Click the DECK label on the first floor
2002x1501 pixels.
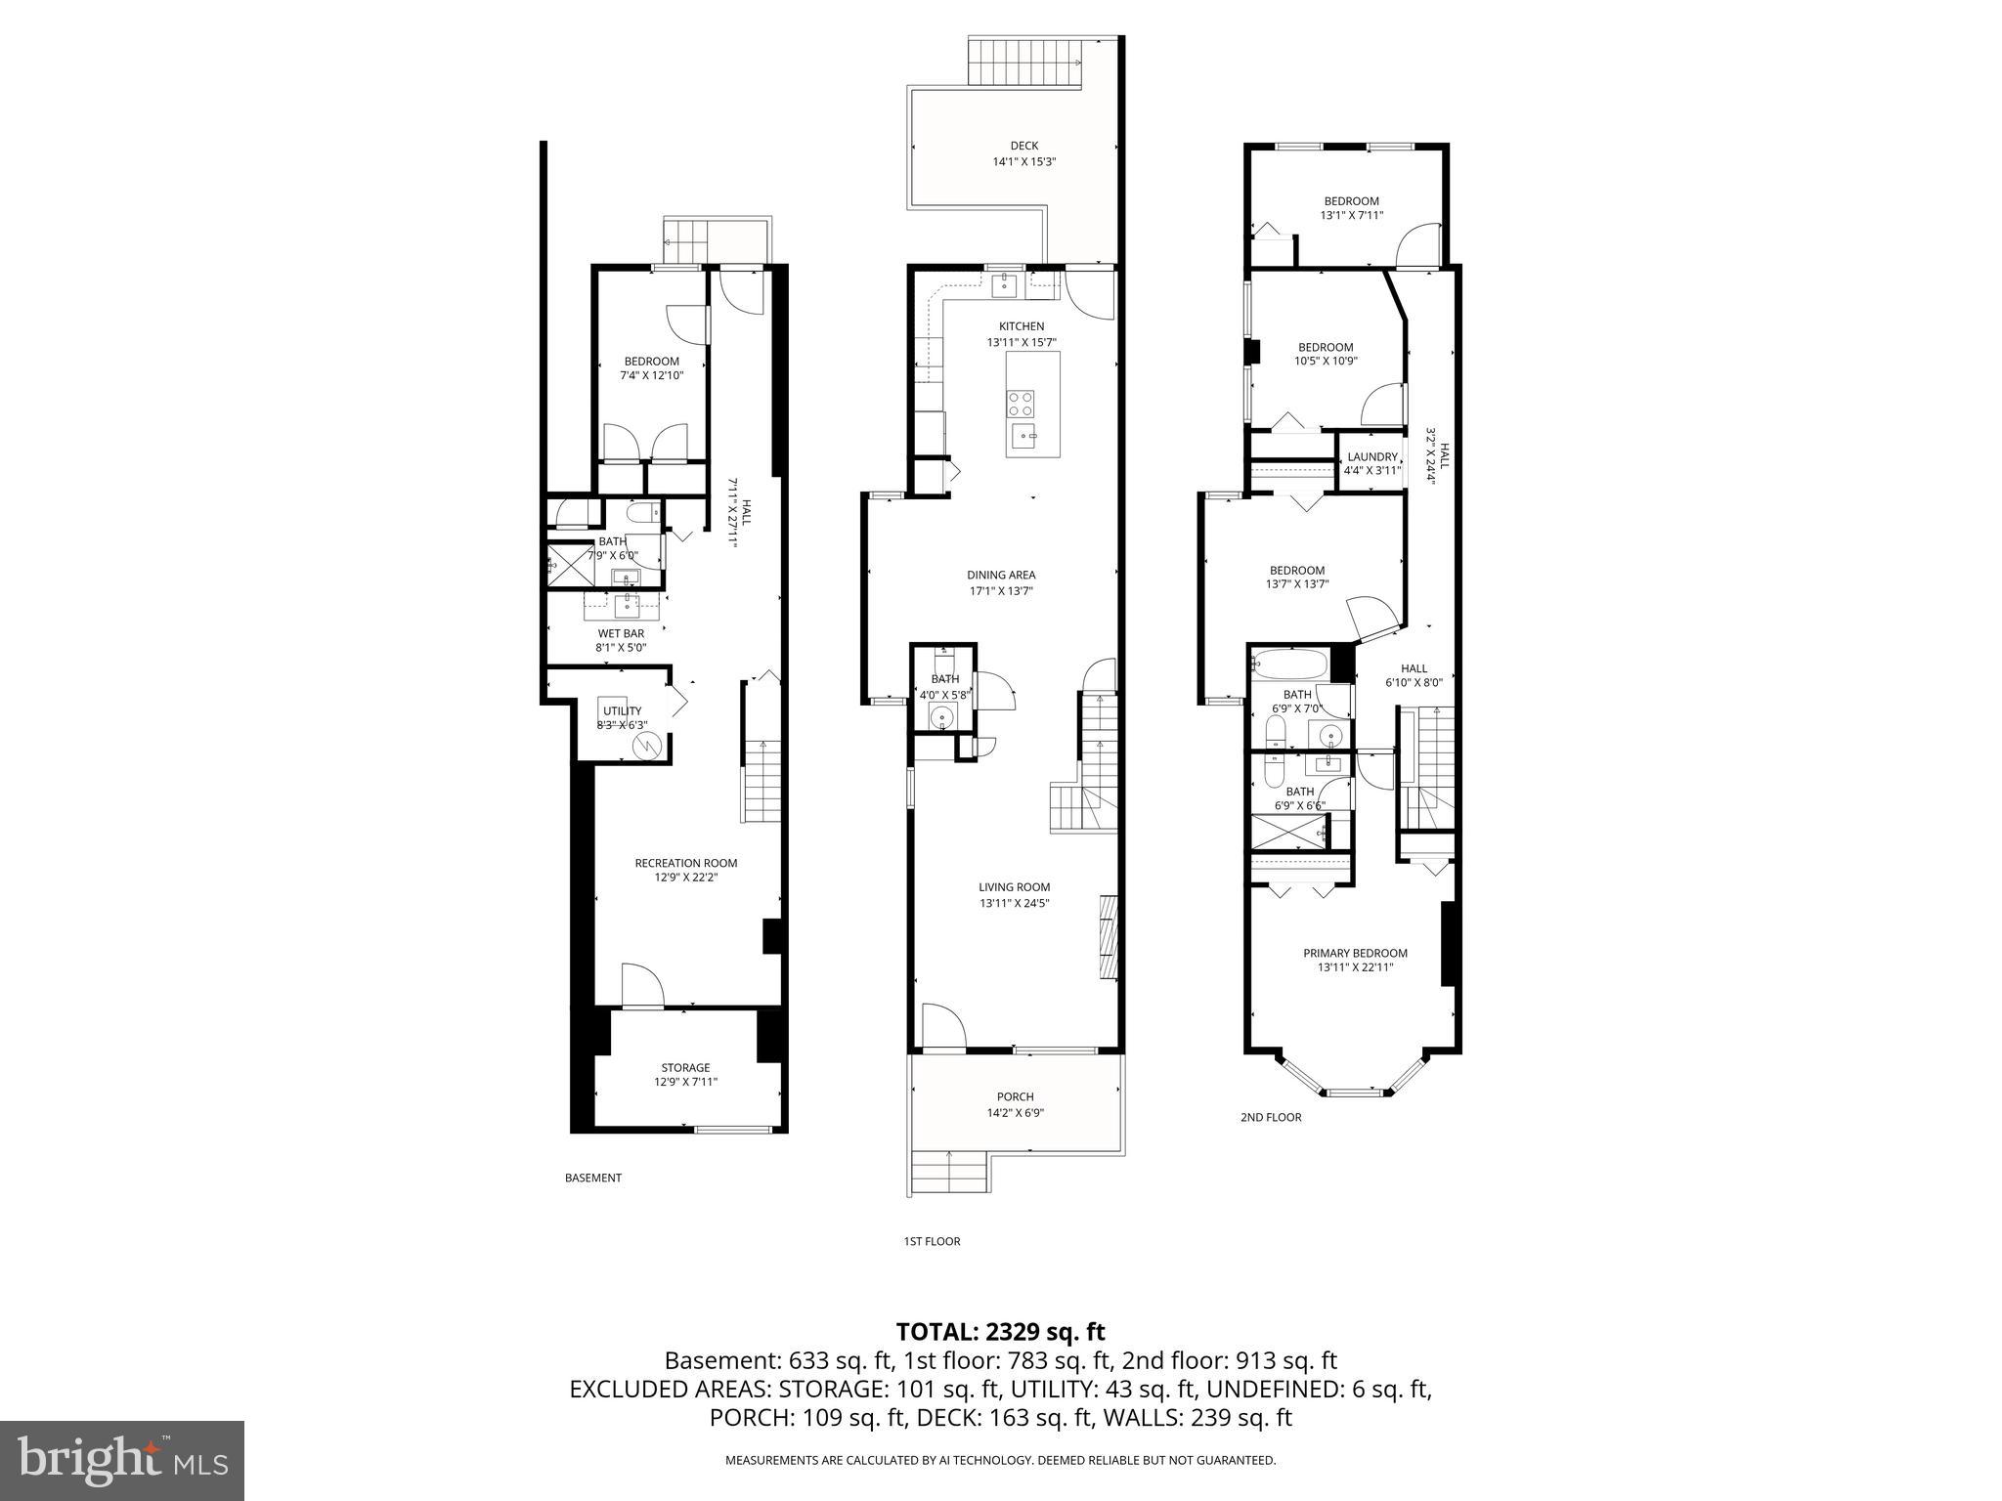(1024, 146)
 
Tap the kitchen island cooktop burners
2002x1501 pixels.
(1022, 403)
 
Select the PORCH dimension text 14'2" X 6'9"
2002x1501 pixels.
(1016, 1112)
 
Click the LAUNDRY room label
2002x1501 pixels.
(1372, 456)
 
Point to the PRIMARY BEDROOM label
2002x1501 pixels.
(1355, 953)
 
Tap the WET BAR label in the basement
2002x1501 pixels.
(621, 633)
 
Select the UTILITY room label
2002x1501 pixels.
(622, 710)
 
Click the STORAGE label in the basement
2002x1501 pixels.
(685, 1067)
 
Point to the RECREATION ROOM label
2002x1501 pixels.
(685, 863)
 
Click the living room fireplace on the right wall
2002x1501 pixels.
(1107, 935)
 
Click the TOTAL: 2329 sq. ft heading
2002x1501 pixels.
(1000, 1331)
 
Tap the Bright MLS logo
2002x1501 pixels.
(122, 1461)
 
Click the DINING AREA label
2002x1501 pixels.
(1001, 575)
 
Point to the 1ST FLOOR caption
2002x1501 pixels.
(932, 1241)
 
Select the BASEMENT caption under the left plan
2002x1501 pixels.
(592, 1178)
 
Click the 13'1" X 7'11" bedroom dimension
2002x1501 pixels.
(1351, 215)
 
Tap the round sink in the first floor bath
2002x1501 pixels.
(942, 718)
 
